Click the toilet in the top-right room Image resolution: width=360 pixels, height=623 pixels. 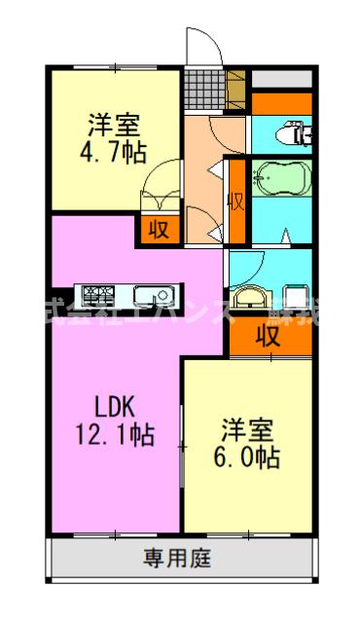click(292, 132)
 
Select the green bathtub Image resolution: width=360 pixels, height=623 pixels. click(281, 179)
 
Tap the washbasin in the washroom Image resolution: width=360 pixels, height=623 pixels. click(249, 297)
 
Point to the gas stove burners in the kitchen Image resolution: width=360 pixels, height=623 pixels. click(97, 293)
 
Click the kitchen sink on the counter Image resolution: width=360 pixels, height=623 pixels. click(152, 294)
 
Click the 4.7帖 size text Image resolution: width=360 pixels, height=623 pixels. click(115, 153)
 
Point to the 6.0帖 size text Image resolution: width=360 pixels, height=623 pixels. click(247, 456)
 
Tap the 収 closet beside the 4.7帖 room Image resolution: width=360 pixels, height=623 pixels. click(158, 229)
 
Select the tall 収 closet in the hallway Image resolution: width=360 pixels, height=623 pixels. click(234, 201)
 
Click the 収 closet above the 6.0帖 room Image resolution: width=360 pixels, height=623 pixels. click(270, 336)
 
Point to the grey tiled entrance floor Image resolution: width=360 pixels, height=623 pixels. click(206, 90)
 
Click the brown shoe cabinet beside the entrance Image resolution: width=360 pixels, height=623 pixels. click(235, 90)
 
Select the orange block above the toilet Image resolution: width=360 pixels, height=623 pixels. click(281, 102)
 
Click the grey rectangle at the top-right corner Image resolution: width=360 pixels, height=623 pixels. click(281, 78)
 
